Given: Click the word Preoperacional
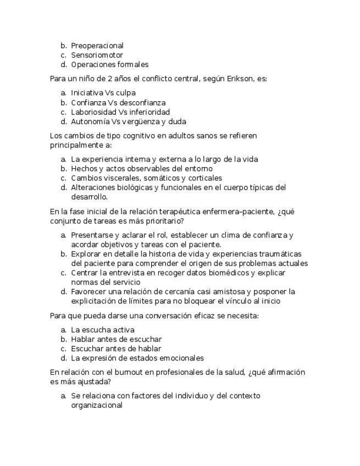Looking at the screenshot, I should pos(97,46).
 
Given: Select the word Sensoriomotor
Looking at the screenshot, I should pos(97,55).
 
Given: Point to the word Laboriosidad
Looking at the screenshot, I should pos(93,112).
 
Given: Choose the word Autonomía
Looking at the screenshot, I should pos(90,121).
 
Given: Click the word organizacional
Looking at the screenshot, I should pos(96,406).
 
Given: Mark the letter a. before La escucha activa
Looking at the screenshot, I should pos(64,330).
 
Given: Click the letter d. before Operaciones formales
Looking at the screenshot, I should pos(64,64).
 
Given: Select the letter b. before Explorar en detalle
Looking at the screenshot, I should pos(64,254).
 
